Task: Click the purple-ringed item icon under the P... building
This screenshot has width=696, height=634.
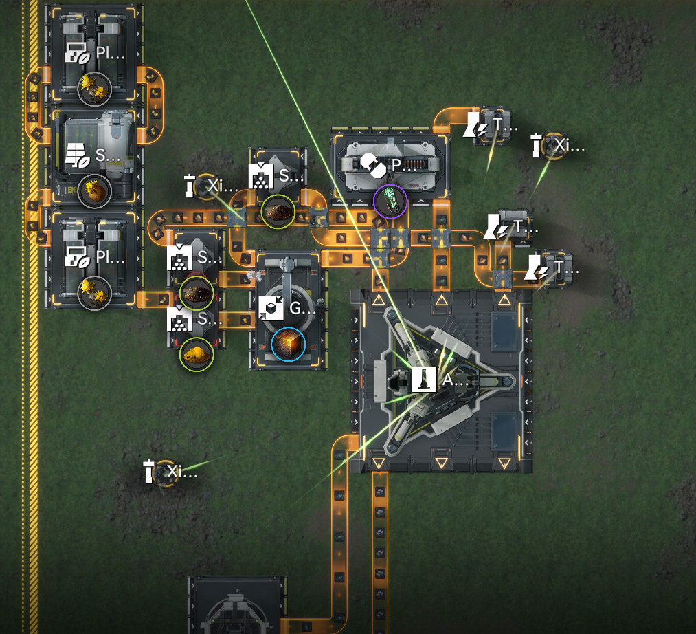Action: click(390, 201)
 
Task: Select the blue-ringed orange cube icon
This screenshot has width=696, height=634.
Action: click(288, 344)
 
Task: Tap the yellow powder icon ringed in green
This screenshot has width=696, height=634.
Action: click(197, 354)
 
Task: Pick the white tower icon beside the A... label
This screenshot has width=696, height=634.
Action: click(425, 380)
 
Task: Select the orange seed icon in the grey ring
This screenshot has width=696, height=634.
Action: click(94, 191)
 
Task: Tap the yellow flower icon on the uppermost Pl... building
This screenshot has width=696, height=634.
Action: click(94, 88)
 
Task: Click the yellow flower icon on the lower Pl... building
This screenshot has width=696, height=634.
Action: click(94, 293)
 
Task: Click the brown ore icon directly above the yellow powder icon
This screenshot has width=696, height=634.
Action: click(197, 294)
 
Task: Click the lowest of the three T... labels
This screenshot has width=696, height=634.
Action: click(563, 267)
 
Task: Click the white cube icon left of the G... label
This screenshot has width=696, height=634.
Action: click(272, 309)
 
